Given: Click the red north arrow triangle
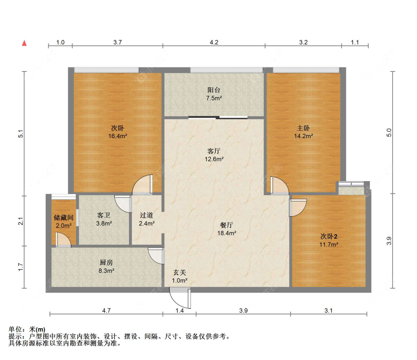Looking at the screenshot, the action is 24,43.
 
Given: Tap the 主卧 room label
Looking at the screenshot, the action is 303,128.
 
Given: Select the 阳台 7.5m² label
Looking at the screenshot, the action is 214,94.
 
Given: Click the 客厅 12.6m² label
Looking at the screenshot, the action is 214,155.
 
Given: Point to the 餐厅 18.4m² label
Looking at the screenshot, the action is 227,229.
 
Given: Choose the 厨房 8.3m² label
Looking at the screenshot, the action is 106,266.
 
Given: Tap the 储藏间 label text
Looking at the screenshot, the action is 63,218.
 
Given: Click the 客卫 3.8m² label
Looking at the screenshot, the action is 104,219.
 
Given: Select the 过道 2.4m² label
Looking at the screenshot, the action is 146,219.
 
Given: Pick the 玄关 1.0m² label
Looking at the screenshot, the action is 180,276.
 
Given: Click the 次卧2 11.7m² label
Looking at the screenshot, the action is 329,240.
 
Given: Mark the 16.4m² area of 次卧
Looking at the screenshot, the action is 118,136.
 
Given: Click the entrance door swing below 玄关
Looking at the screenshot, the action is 180,299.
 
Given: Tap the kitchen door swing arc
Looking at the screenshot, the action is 156,256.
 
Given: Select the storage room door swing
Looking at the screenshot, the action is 63,240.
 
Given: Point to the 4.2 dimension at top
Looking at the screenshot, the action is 214,42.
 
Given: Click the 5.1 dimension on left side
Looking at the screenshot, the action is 21,134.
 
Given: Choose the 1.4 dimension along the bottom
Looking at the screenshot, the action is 179,310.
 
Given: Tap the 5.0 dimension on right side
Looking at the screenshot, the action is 389,132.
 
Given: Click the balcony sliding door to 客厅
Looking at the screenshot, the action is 218,117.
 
